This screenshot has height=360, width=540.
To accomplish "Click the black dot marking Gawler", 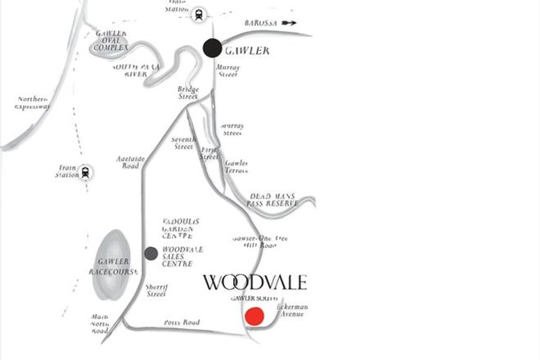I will (x=213, y=47).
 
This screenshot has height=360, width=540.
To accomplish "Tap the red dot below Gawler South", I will (x=255, y=317).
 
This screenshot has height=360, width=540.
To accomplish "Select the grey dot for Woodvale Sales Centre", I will (x=151, y=253).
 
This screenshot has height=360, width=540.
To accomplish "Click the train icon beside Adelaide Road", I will (x=86, y=172).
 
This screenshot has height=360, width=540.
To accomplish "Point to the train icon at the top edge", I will (x=199, y=13).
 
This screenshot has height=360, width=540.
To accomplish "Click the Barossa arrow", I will (x=290, y=24).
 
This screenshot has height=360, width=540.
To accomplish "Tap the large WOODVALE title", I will (x=254, y=283).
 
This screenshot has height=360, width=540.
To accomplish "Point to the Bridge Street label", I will (x=189, y=92).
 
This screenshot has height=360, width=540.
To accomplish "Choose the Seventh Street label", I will (x=182, y=143).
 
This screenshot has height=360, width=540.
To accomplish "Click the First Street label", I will (x=210, y=152).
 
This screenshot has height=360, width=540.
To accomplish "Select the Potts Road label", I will (x=182, y=322).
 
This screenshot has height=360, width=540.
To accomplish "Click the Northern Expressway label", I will (x=33, y=102).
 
